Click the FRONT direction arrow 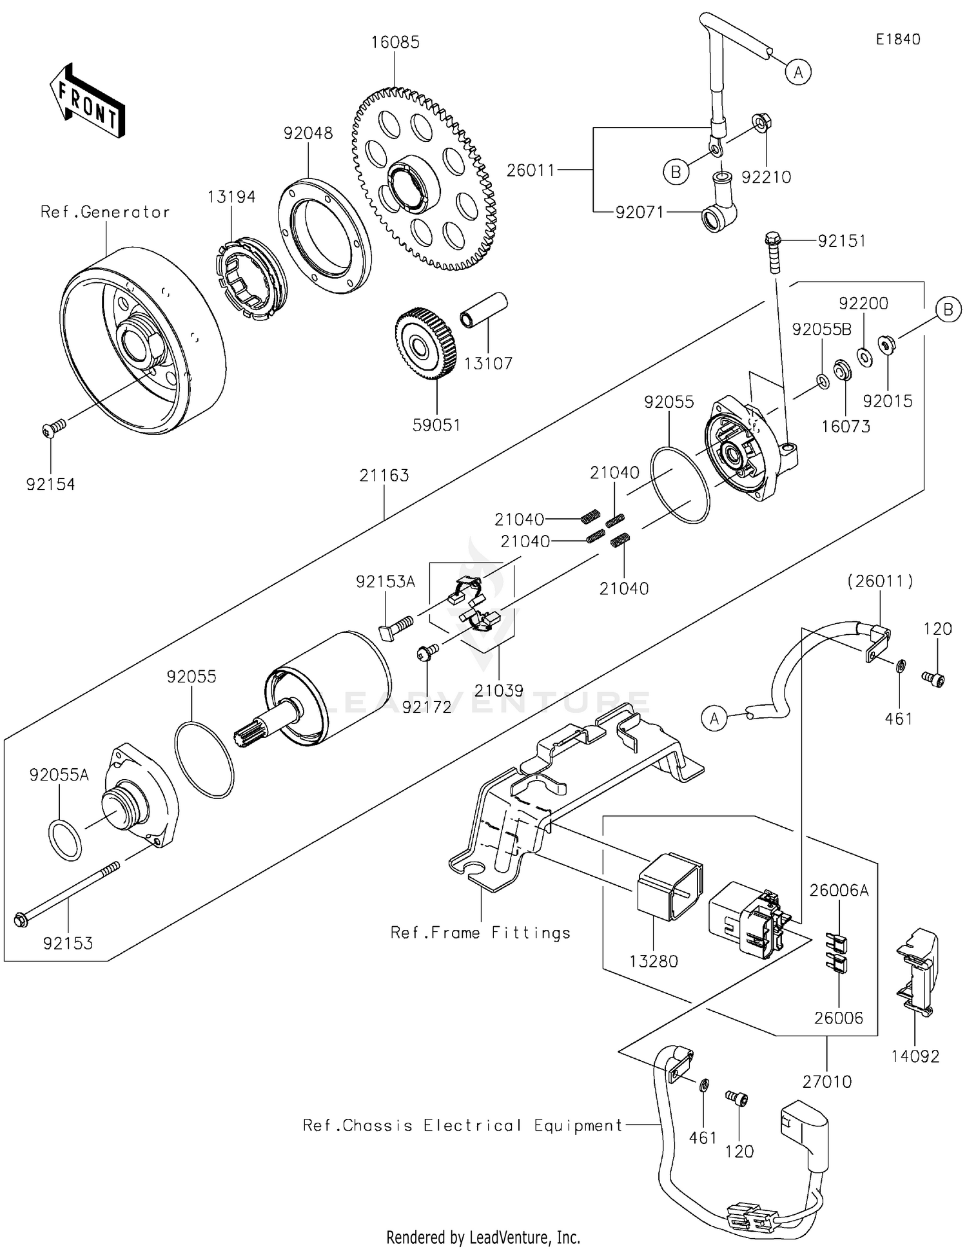(x=87, y=102)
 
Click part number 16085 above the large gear (x=395, y=43)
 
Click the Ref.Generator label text (x=105, y=212)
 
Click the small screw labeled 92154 (x=54, y=428)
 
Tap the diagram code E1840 (x=897, y=39)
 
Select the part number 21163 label (x=384, y=475)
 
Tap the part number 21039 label (x=499, y=690)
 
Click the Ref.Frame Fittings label (x=480, y=933)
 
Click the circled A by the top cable (x=798, y=72)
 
